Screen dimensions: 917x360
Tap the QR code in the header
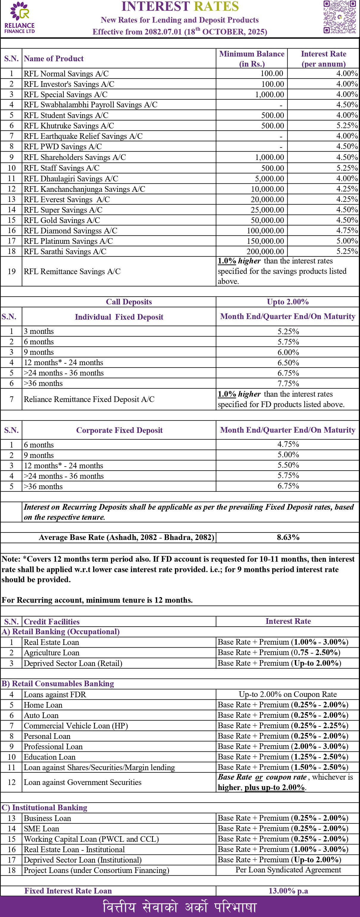(339, 17)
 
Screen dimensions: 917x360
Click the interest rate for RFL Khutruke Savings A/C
(347, 126)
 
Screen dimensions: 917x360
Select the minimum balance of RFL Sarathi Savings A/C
(265, 252)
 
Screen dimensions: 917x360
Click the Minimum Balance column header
(252, 59)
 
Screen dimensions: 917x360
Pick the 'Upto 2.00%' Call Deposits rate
(287, 302)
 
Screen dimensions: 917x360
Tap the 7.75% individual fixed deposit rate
(288, 383)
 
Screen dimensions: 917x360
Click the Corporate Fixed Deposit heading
(119, 430)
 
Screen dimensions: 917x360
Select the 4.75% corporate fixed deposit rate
(288, 444)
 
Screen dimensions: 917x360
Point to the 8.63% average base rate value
(288, 537)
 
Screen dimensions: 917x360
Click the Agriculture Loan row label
(52, 652)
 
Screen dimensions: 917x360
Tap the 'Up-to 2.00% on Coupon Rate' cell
(288, 694)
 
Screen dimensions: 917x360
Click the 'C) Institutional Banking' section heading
(45, 807)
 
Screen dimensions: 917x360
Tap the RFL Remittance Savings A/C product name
(72, 271)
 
